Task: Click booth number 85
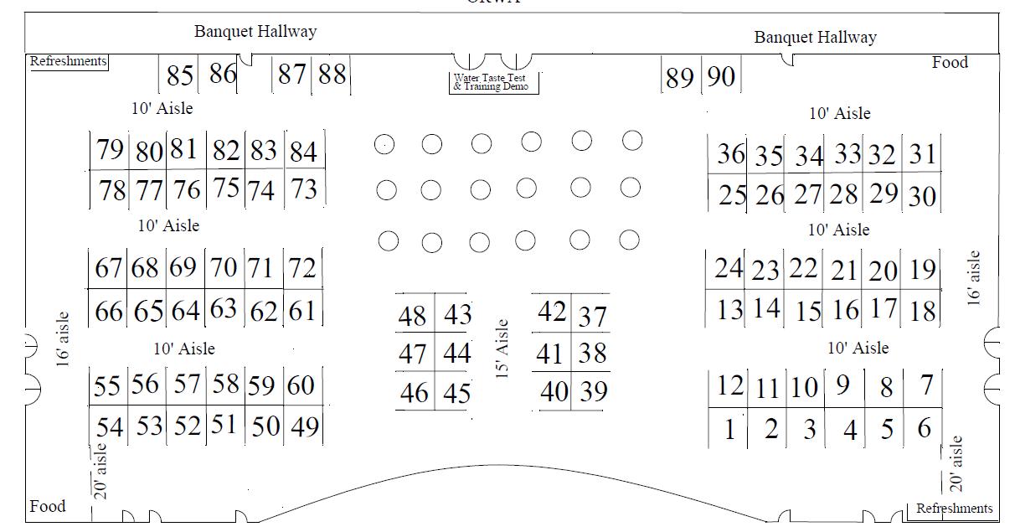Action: pyautogui.click(x=180, y=76)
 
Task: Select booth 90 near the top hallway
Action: pyautogui.click(x=721, y=77)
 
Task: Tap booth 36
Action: pyautogui.click(x=730, y=154)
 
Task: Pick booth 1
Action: pyautogui.click(x=729, y=430)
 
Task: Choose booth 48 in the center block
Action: pyautogui.click(x=413, y=317)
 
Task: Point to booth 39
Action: pyautogui.click(x=593, y=391)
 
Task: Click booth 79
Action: pyautogui.click(x=110, y=150)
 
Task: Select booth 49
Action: pyautogui.click(x=304, y=427)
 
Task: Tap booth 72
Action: pyautogui.click(x=302, y=269)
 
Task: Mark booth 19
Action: pyautogui.click(x=922, y=270)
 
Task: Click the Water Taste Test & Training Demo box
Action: pyautogui.click(x=492, y=82)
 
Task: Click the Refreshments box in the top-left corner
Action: pyautogui.click(x=69, y=61)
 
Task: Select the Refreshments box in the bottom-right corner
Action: pyautogui.click(x=954, y=509)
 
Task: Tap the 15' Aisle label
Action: pyautogui.click(x=502, y=349)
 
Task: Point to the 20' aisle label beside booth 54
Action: pyautogui.click(x=100, y=471)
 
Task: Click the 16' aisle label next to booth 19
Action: pyautogui.click(x=973, y=279)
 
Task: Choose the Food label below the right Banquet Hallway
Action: pyautogui.click(x=950, y=63)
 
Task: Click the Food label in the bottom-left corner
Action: pyautogui.click(x=48, y=507)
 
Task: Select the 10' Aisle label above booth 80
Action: pyautogui.click(x=162, y=108)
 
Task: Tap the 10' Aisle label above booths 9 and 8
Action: pyautogui.click(x=858, y=348)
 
